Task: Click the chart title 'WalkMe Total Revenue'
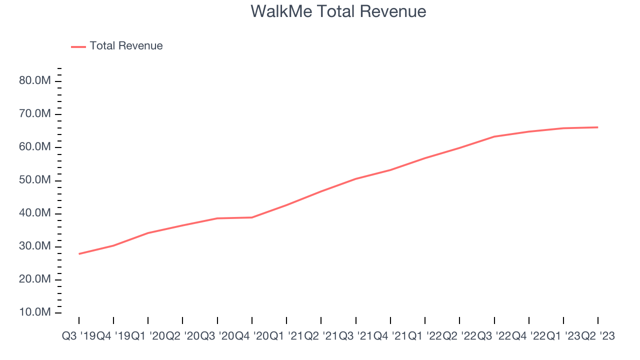point(338,11)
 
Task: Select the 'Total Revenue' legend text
point(126,46)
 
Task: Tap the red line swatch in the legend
point(78,46)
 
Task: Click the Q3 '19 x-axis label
point(79,336)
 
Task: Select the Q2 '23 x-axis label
point(597,336)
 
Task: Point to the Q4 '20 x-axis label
point(252,336)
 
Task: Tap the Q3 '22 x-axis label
point(494,336)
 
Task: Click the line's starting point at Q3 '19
point(79,254)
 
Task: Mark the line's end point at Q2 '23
point(597,127)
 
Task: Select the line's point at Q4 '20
point(252,217)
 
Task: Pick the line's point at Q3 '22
point(494,136)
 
